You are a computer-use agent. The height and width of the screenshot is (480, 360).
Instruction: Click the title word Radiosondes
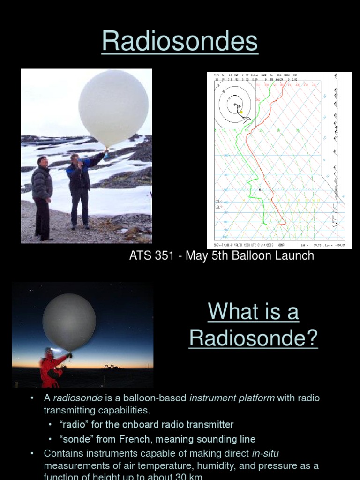(x=180, y=42)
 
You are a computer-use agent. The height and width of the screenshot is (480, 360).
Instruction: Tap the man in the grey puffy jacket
(x=43, y=192)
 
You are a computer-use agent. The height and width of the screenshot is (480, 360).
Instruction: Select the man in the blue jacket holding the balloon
(x=80, y=187)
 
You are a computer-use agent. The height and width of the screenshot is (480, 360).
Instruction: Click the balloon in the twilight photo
(x=69, y=322)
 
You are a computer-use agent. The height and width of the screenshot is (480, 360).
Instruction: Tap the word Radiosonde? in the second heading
(x=253, y=338)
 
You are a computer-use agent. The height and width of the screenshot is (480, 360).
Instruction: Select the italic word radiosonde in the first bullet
(x=74, y=398)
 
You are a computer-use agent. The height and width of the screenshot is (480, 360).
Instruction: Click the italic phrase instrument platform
(x=232, y=398)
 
